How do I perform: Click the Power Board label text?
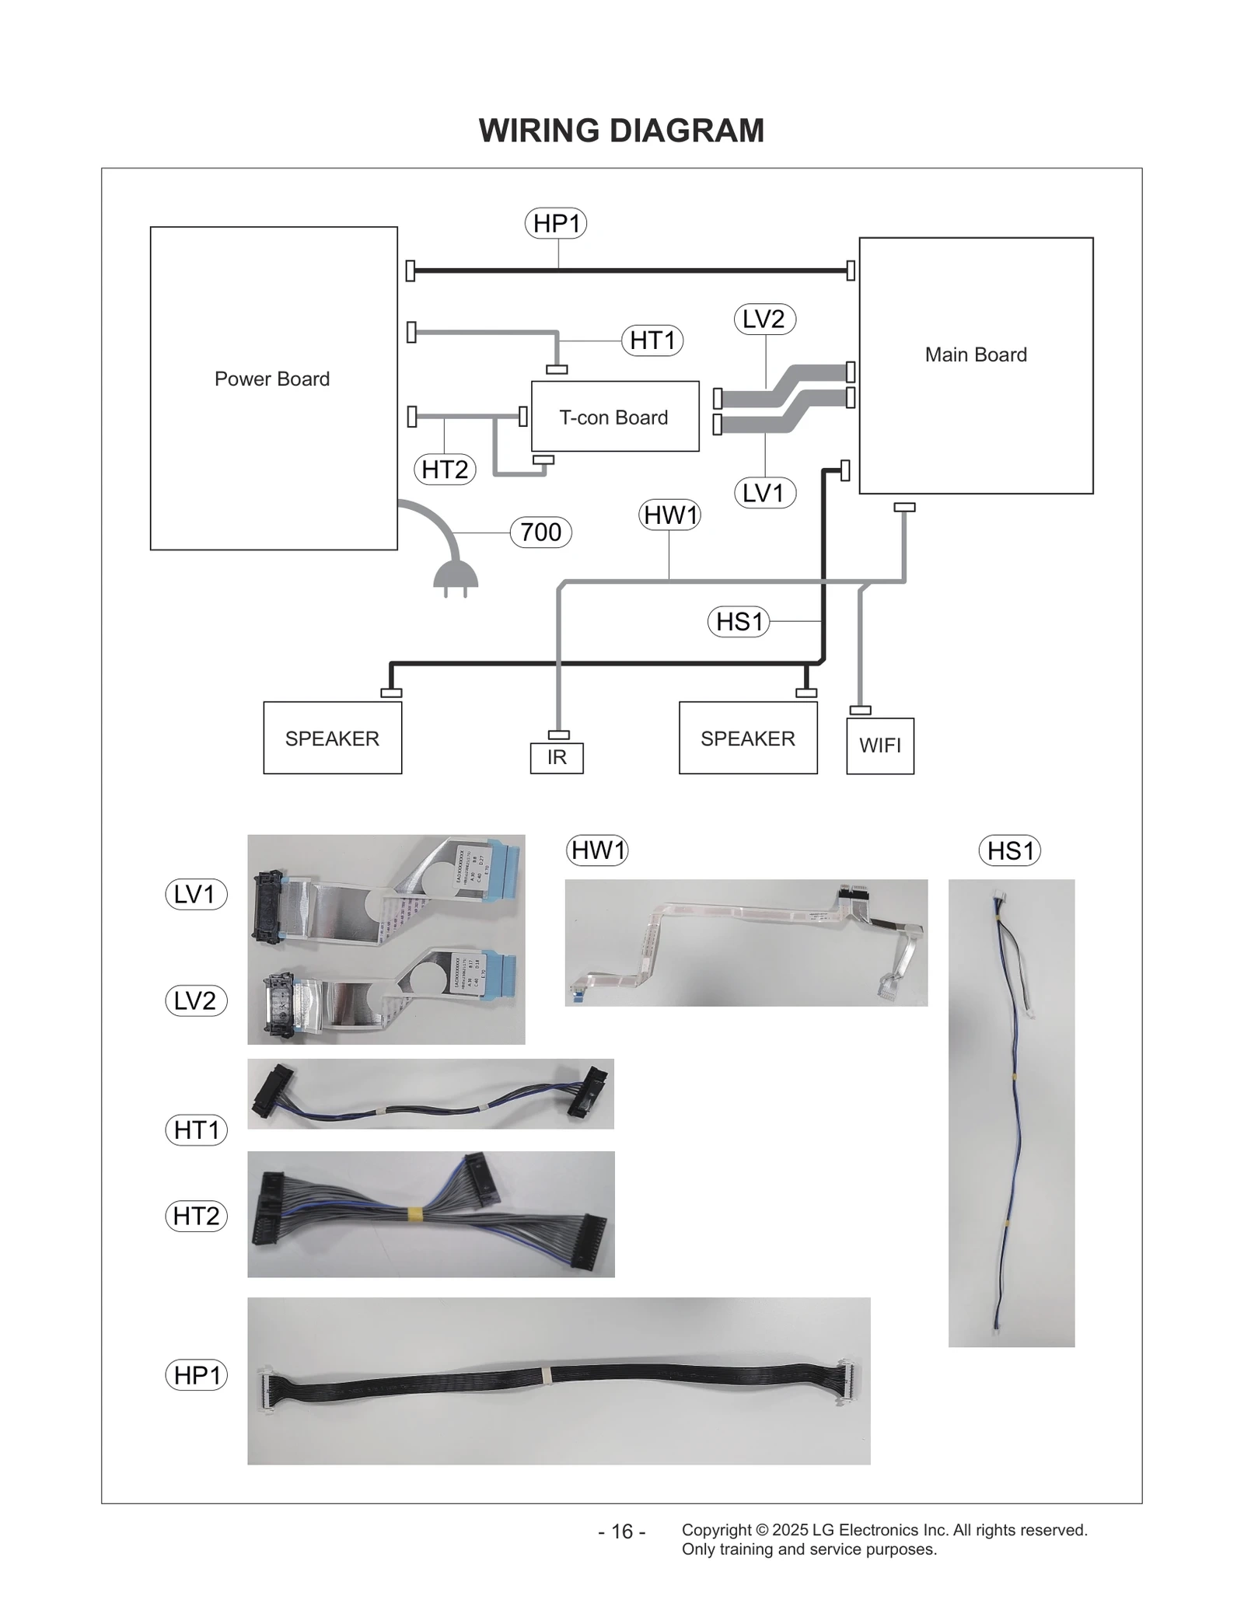tap(272, 379)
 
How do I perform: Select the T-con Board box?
tap(614, 417)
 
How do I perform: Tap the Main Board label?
tap(975, 354)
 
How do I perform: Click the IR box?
tap(557, 757)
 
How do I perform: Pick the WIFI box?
tap(880, 745)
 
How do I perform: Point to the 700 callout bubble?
tap(540, 532)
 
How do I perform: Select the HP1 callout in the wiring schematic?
tap(556, 224)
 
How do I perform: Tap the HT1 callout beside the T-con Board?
tap(652, 340)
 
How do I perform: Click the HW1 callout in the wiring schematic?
tap(669, 515)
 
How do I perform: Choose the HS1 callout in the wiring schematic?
tap(739, 622)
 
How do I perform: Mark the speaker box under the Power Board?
tap(332, 738)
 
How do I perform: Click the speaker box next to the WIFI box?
tap(747, 738)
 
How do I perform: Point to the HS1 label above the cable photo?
tap(1009, 850)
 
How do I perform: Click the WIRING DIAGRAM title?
tap(621, 131)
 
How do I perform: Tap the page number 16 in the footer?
tap(622, 1531)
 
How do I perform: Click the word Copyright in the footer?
tap(716, 1530)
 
